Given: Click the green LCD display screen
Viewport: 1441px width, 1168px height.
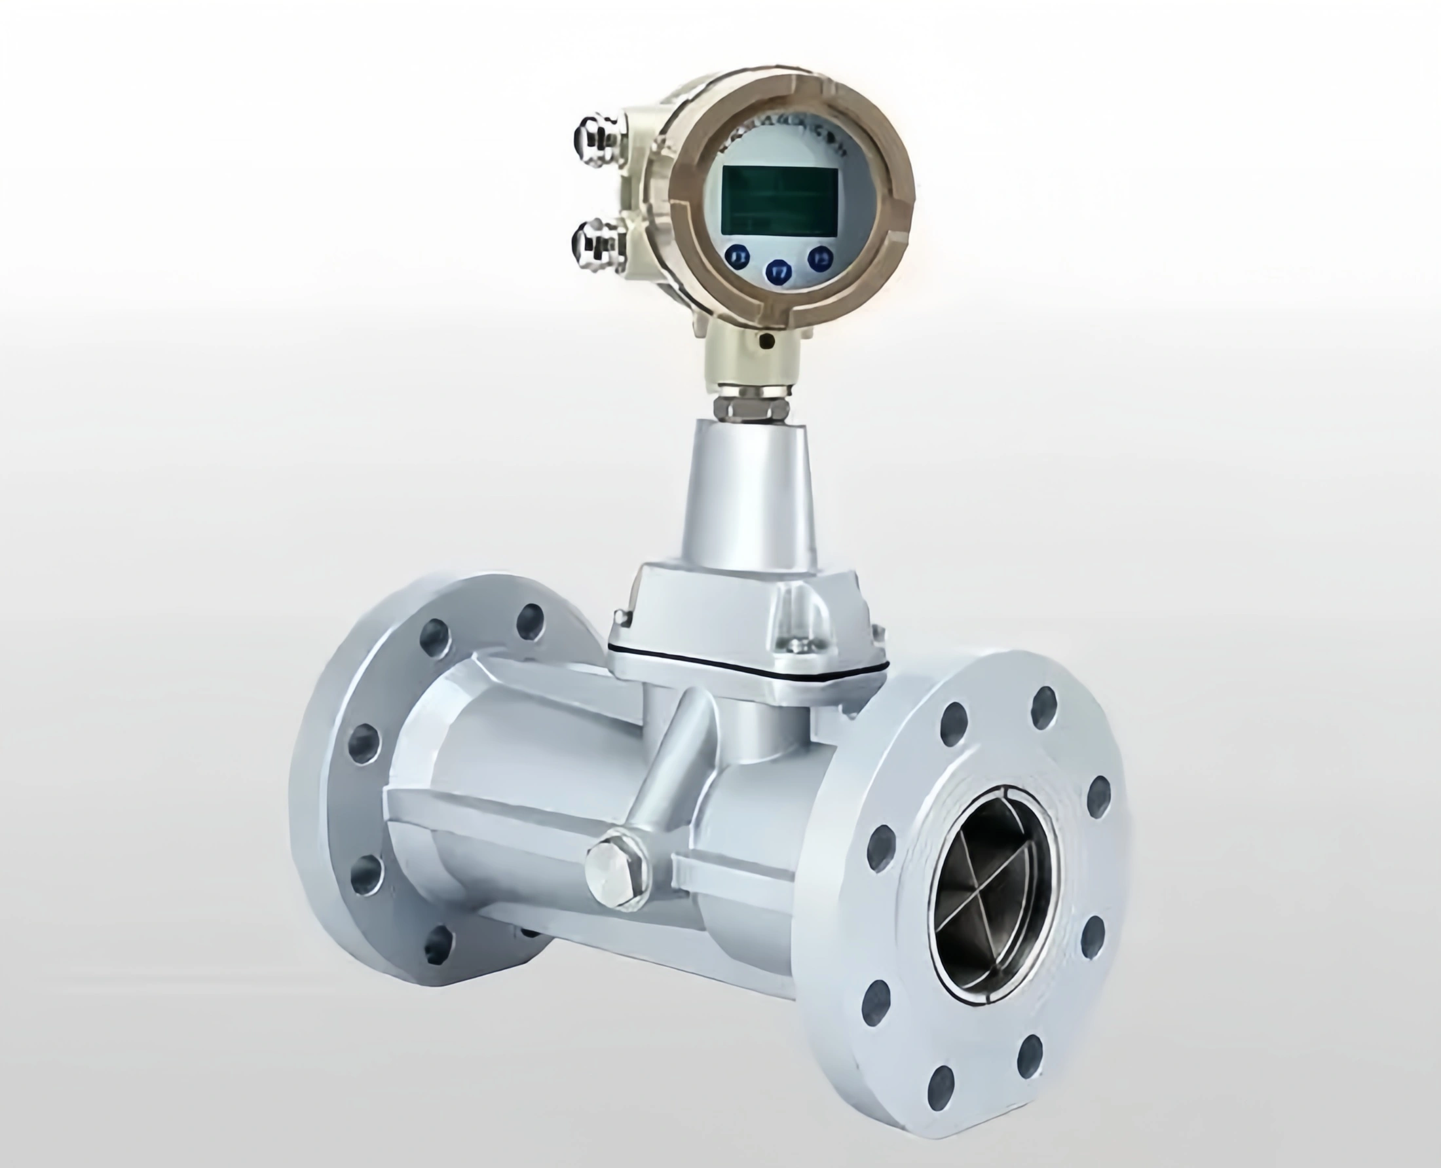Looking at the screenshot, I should pyautogui.click(x=779, y=198).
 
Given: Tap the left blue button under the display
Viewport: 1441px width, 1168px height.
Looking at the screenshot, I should pyautogui.click(x=738, y=257).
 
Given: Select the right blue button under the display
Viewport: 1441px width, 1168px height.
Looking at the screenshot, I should pyautogui.click(x=821, y=257).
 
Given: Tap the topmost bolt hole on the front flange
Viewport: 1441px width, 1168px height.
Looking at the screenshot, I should pyautogui.click(x=1044, y=708).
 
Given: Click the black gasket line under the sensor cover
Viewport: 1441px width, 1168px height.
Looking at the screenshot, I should pyautogui.click(x=747, y=666).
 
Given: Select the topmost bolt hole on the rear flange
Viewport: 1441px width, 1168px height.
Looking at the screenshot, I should pyautogui.click(x=530, y=620).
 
